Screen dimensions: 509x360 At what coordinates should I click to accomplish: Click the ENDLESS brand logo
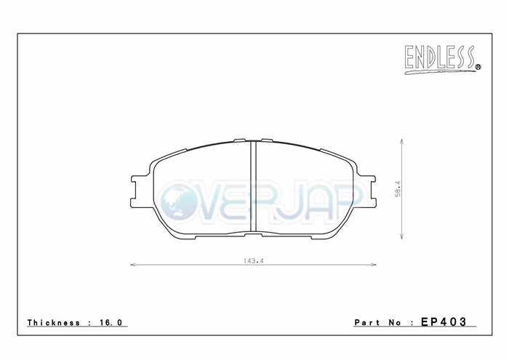coord(442,60)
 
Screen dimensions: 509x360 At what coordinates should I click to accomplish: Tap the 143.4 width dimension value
coord(253,260)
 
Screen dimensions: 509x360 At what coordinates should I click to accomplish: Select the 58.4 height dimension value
coord(398,189)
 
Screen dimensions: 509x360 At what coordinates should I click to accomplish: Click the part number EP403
coord(444,321)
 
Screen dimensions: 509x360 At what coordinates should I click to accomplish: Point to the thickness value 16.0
coord(111,322)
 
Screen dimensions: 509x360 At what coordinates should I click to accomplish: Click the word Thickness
coord(54,322)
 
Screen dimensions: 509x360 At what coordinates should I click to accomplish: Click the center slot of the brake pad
coord(254,187)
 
